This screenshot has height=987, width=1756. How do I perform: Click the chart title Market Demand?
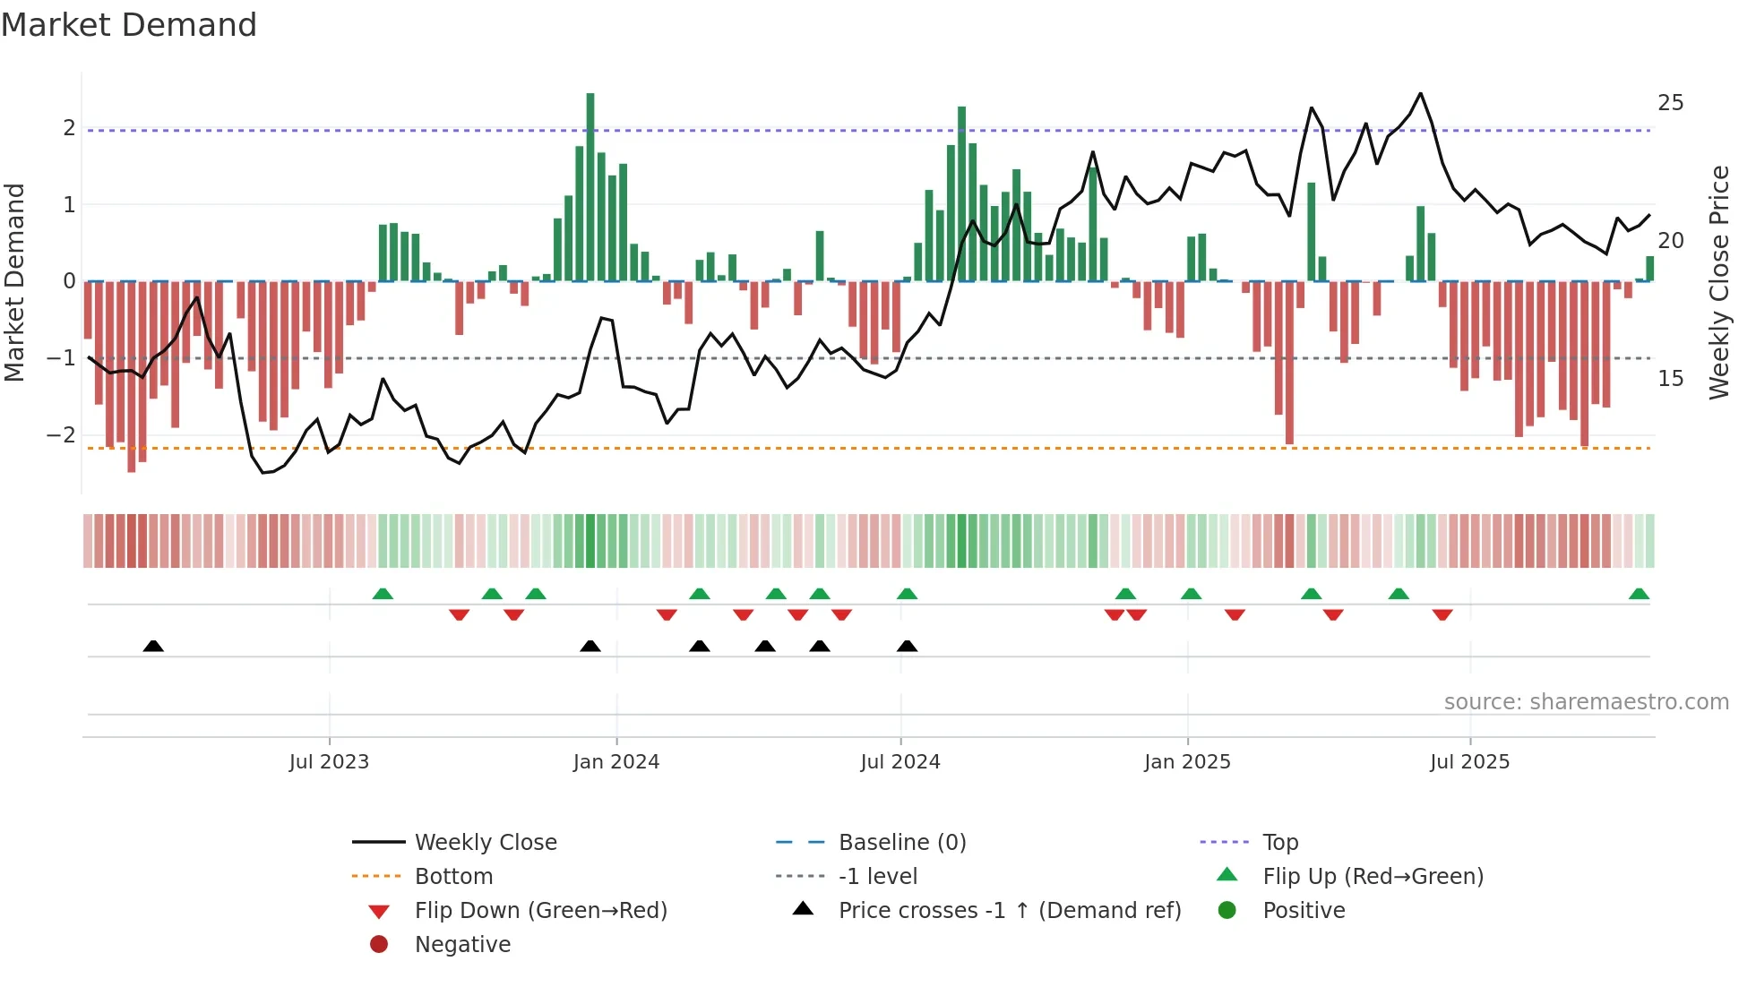tap(129, 25)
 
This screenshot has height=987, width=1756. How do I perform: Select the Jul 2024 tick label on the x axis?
tap(900, 762)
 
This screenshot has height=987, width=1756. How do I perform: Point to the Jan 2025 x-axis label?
tap(1187, 762)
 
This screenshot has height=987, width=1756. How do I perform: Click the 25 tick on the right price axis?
tap(1670, 103)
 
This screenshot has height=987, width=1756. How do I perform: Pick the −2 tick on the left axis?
tap(62, 435)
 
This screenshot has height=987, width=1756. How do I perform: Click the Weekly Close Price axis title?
tap(1718, 282)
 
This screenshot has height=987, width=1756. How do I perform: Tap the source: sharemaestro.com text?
tap(1586, 702)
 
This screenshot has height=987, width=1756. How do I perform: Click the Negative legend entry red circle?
tap(379, 945)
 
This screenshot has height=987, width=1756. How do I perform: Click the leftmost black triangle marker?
tap(153, 646)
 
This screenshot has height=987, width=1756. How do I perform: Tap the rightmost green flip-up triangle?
tap(1639, 594)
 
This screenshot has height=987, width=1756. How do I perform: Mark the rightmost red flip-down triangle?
tap(1442, 614)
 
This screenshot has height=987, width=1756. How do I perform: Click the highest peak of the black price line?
tap(1420, 93)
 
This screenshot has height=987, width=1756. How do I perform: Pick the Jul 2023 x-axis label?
tap(329, 762)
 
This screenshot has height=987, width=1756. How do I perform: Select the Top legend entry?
tap(1280, 843)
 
